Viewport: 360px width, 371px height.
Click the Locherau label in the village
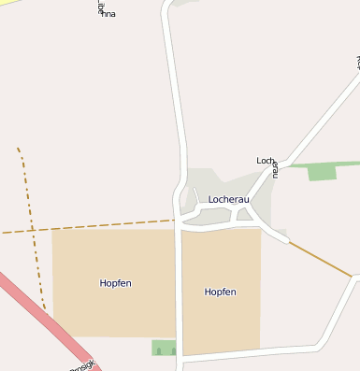(227, 199)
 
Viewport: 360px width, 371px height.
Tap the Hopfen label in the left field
(115, 282)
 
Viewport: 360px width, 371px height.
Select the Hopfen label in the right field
(220, 292)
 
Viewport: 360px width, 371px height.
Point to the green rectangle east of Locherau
(322, 171)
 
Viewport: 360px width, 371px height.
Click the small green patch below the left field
(164, 348)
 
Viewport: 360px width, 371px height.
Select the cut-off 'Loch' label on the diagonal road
(265, 161)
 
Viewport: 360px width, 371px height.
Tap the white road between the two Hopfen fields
(178, 290)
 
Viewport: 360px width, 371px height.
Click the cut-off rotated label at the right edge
(357, 63)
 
